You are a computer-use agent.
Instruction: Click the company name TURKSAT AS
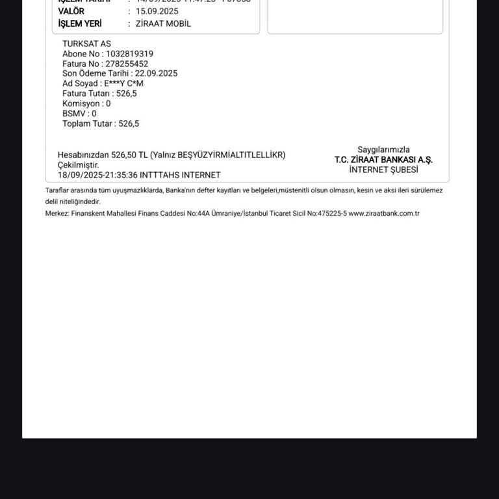[x=86, y=44]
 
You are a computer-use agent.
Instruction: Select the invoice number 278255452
[x=127, y=64]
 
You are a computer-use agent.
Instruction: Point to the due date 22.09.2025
[x=156, y=73]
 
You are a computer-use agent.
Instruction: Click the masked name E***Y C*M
[x=123, y=83]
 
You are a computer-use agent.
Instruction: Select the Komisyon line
[x=86, y=103]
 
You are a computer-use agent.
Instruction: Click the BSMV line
[x=79, y=113]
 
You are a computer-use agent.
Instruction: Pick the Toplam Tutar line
[x=100, y=123]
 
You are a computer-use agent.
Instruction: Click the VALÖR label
[x=71, y=11]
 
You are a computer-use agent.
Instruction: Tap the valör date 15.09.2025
[x=157, y=11]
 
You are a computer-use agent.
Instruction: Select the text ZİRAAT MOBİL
[x=163, y=23]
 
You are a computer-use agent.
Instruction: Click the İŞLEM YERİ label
[x=80, y=23]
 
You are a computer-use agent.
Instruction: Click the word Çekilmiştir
[x=78, y=165]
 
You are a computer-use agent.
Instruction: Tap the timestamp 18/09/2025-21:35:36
[x=97, y=175]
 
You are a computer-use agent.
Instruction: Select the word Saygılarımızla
[x=383, y=149]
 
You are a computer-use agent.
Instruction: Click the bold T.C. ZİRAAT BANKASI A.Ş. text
[x=383, y=160]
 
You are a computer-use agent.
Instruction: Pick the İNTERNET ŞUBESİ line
[x=383, y=170]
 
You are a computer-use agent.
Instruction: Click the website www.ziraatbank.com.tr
[x=383, y=213]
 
